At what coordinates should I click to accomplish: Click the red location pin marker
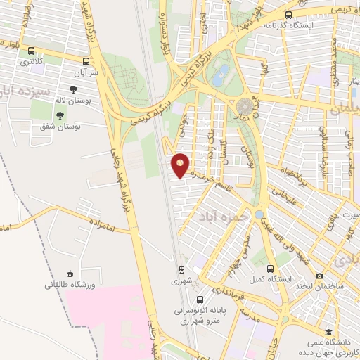click(x=181, y=165)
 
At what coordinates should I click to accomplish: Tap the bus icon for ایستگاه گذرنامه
click(x=288, y=15)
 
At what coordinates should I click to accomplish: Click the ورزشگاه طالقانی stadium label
click(x=69, y=285)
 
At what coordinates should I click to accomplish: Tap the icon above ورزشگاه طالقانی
click(x=69, y=274)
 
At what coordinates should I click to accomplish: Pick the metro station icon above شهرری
click(x=181, y=269)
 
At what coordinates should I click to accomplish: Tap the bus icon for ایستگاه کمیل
click(x=271, y=269)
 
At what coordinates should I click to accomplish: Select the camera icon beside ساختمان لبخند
click(x=320, y=275)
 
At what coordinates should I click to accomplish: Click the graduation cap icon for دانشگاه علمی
click(x=328, y=333)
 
